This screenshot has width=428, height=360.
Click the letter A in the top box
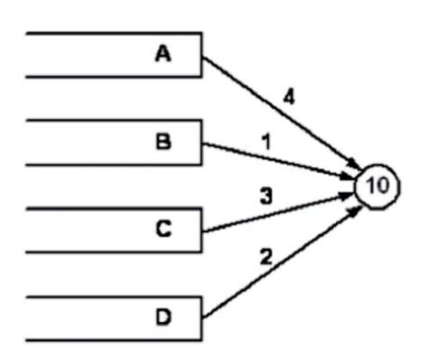tap(163, 54)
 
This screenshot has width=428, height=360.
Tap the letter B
tap(163, 143)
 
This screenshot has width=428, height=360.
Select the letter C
tap(163, 230)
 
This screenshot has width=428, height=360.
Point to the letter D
tap(163, 318)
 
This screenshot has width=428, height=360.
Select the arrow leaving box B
tap(271, 161)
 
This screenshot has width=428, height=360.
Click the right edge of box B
tap(201, 143)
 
